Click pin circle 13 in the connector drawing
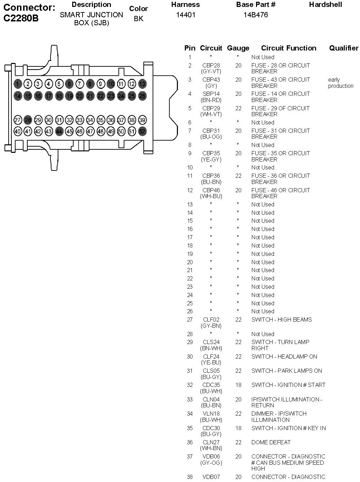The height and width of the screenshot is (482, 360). [x=142, y=84]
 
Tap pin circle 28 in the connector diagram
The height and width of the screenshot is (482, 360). [x=28, y=120]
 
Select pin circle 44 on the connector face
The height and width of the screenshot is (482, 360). [x=59, y=131]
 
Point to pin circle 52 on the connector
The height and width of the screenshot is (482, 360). [x=142, y=131]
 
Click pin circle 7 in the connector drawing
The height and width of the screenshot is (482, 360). [x=79, y=84]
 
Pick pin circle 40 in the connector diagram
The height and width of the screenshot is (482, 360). [x=18, y=131]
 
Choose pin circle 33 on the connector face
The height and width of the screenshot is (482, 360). [x=79, y=120]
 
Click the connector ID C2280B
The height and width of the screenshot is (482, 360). [x=21, y=18]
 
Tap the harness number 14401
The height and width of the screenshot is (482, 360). [x=186, y=15]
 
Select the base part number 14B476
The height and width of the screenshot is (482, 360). [x=256, y=15]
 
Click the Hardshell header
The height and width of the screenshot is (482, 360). [x=325, y=4]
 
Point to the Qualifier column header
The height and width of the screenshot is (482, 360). [x=344, y=48]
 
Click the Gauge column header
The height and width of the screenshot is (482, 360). [x=238, y=48]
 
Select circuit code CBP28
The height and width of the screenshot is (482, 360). [x=211, y=65]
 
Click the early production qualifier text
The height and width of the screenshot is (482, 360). [x=341, y=83]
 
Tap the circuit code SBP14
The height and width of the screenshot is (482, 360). [x=211, y=94]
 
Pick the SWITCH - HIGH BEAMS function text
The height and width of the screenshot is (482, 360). [x=282, y=319]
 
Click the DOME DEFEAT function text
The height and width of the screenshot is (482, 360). [x=271, y=442]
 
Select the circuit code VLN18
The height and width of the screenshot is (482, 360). [x=211, y=414]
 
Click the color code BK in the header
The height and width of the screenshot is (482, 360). [x=139, y=19]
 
